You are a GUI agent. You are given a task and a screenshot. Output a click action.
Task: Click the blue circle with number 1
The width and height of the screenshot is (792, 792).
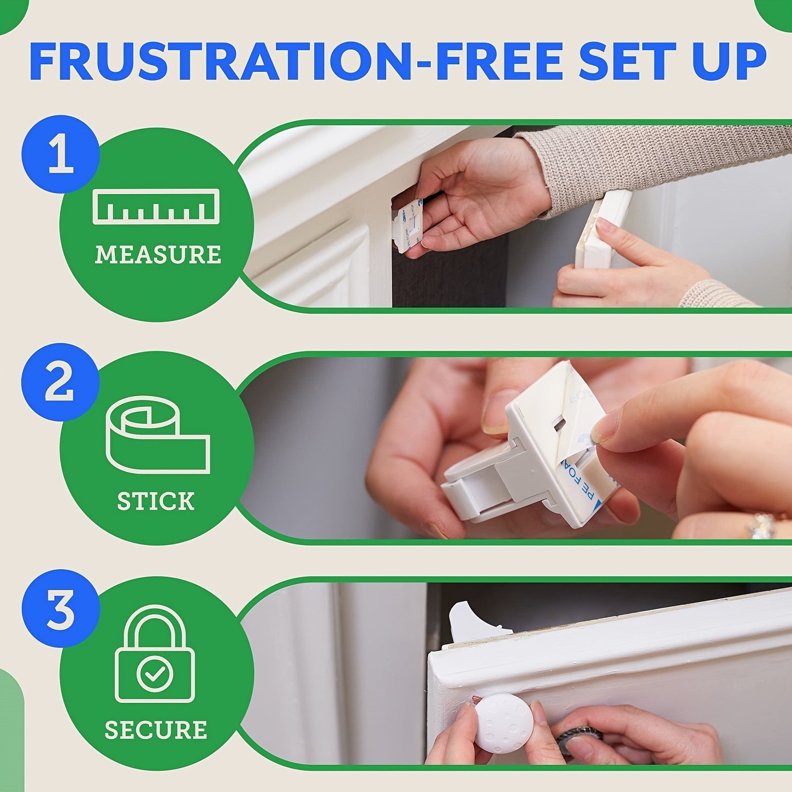[x=61, y=155]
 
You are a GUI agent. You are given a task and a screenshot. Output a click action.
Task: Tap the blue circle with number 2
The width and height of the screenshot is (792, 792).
[x=60, y=382]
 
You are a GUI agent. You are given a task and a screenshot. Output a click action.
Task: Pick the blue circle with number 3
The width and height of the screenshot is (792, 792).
[x=61, y=610]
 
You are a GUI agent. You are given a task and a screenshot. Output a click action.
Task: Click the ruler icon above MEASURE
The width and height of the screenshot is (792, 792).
[x=156, y=206]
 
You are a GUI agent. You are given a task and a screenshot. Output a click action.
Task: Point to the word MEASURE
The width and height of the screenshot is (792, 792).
[x=158, y=254]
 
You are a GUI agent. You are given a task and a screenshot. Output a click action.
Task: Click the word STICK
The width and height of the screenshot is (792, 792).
[x=156, y=501]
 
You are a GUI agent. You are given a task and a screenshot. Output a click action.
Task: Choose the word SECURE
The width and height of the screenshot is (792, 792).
[x=156, y=730]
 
